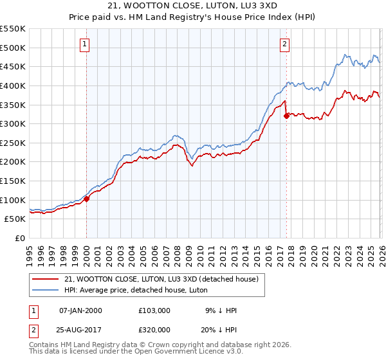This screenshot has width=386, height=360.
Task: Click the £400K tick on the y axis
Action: (13, 85)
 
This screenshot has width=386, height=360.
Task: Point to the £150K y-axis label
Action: (13, 181)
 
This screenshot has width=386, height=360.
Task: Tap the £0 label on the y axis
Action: (19, 238)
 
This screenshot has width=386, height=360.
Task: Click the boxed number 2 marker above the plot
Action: (284, 44)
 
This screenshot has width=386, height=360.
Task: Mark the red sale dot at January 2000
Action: (86, 199)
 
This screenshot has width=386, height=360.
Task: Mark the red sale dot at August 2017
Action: (286, 116)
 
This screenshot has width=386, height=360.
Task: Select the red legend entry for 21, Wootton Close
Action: (161, 279)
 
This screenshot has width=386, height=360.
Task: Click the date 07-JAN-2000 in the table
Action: (80, 310)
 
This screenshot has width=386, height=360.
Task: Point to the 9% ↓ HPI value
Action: (219, 310)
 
